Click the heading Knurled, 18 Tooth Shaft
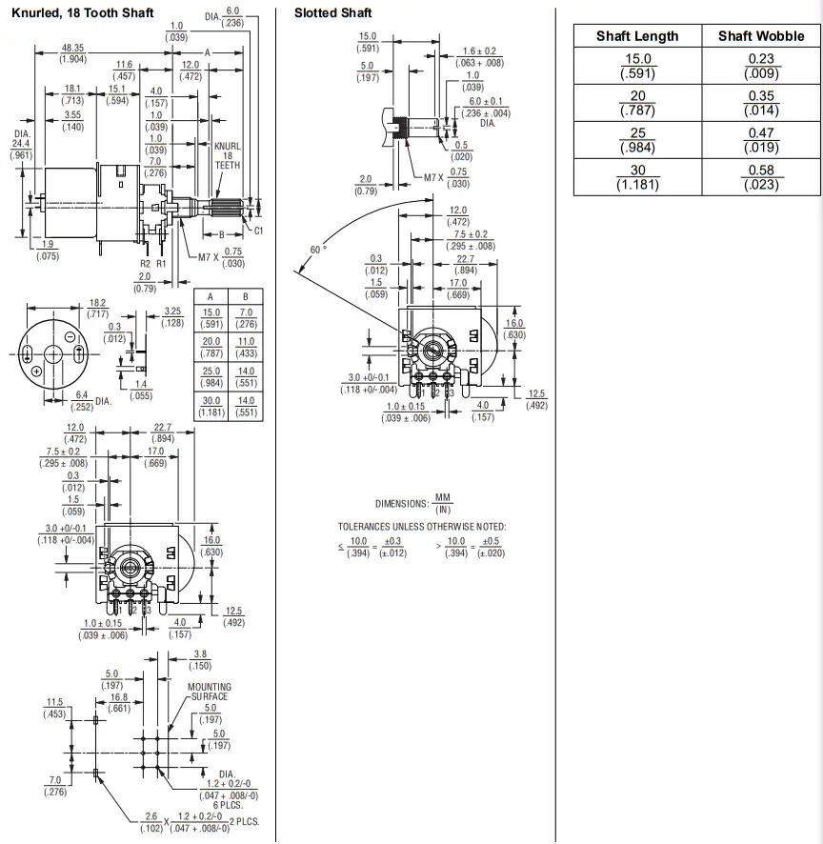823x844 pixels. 82,13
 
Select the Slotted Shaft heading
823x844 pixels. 332,13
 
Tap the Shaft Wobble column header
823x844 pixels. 761,36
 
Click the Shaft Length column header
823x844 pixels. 637,36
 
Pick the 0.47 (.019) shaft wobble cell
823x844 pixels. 761,140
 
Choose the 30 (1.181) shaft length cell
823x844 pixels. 638,177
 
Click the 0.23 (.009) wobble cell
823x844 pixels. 761,66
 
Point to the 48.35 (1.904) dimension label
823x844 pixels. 72,53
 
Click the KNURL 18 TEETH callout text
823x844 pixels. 228,155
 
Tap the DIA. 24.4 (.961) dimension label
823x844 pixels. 22,144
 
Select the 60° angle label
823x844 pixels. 318,250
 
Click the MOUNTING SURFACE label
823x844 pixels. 210,692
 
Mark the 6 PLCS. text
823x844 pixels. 228,805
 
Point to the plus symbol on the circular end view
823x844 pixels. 36,371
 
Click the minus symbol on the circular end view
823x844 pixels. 70,337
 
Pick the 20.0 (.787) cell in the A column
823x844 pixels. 211,347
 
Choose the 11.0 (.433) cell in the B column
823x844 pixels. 246,347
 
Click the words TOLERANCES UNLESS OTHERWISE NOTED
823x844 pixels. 422,527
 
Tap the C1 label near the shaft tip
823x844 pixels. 258,231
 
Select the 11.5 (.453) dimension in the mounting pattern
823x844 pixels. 55,708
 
